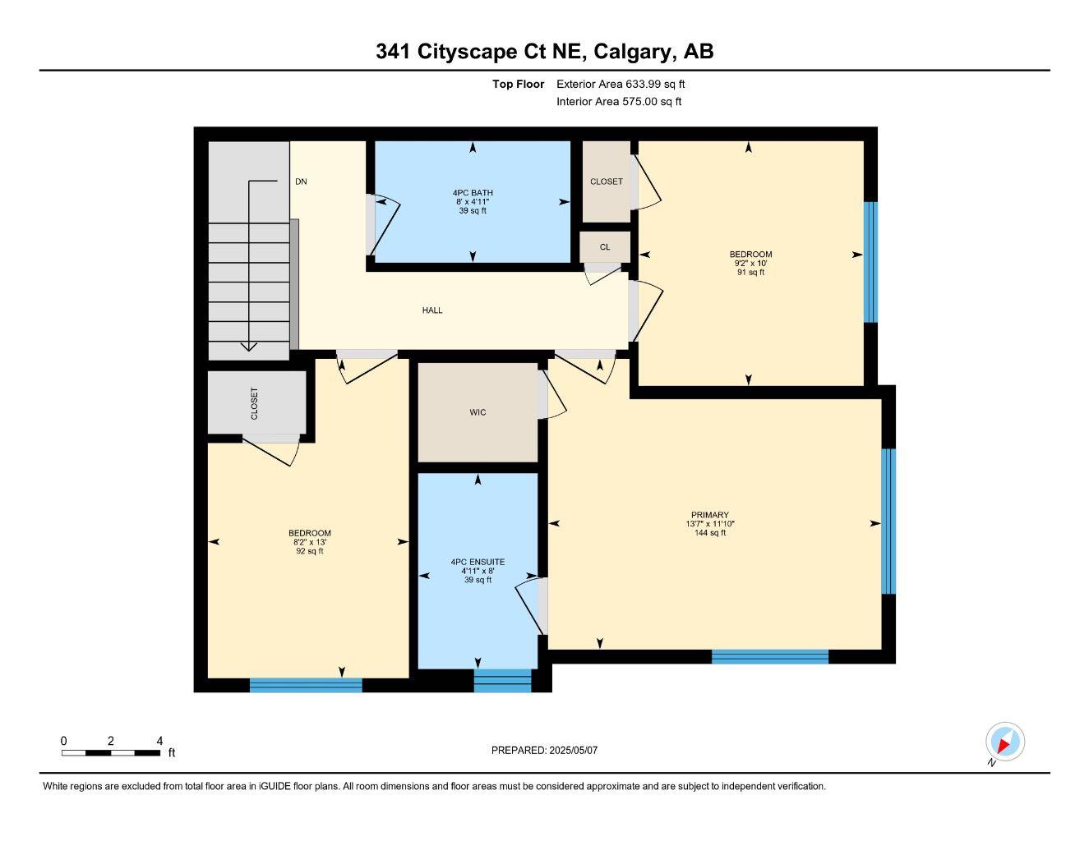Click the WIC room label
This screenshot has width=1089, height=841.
pos(478,412)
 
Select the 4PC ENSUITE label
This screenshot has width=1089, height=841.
pos(478,562)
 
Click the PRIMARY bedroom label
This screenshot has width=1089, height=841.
pos(709,515)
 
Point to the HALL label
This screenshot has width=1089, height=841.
pos(432,310)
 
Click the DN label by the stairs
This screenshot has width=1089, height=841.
pos(301,182)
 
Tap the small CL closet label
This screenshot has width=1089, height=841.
pos(605,247)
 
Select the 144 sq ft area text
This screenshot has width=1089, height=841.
pos(709,533)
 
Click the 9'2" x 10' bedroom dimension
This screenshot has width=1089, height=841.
pos(750,264)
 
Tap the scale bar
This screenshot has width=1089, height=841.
pos(111,752)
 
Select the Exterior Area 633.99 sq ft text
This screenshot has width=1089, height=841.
pos(621,84)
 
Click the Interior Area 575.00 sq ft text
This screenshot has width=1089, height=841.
pos(619,102)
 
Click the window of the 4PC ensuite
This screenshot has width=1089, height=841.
pos(503,681)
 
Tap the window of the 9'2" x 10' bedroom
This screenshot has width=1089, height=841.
pos(870,261)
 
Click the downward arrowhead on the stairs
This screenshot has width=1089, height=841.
pos(248,347)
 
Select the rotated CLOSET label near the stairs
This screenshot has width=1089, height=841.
pos(254,403)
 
